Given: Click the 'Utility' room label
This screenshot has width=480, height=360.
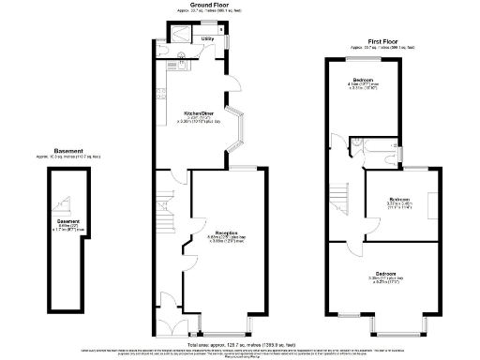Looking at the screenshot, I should [207, 38].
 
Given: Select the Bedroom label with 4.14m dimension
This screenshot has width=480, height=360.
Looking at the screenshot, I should [363, 80].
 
